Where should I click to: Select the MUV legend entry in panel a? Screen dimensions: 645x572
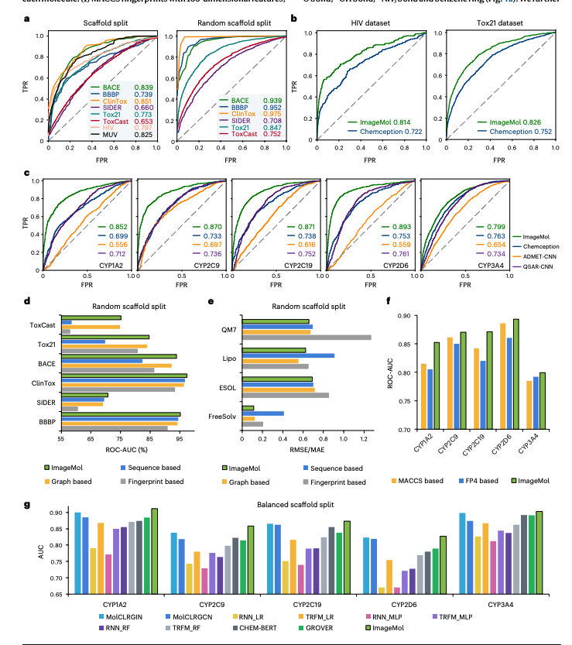tap(99, 134)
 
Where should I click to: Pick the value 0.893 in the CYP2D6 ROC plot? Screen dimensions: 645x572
tap(400, 226)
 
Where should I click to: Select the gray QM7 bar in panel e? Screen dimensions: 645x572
tap(307, 337)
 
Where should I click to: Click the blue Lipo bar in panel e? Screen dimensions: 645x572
tap(287, 355)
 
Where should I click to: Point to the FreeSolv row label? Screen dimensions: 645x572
tap(224, 417)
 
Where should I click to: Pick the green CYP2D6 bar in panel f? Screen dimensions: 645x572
tap(515, 374)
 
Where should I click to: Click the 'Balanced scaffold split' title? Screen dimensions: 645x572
tap(286, 505)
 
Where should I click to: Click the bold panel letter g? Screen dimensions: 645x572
tap(27, 504)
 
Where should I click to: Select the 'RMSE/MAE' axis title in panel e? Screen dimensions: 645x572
tap(308, 448)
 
